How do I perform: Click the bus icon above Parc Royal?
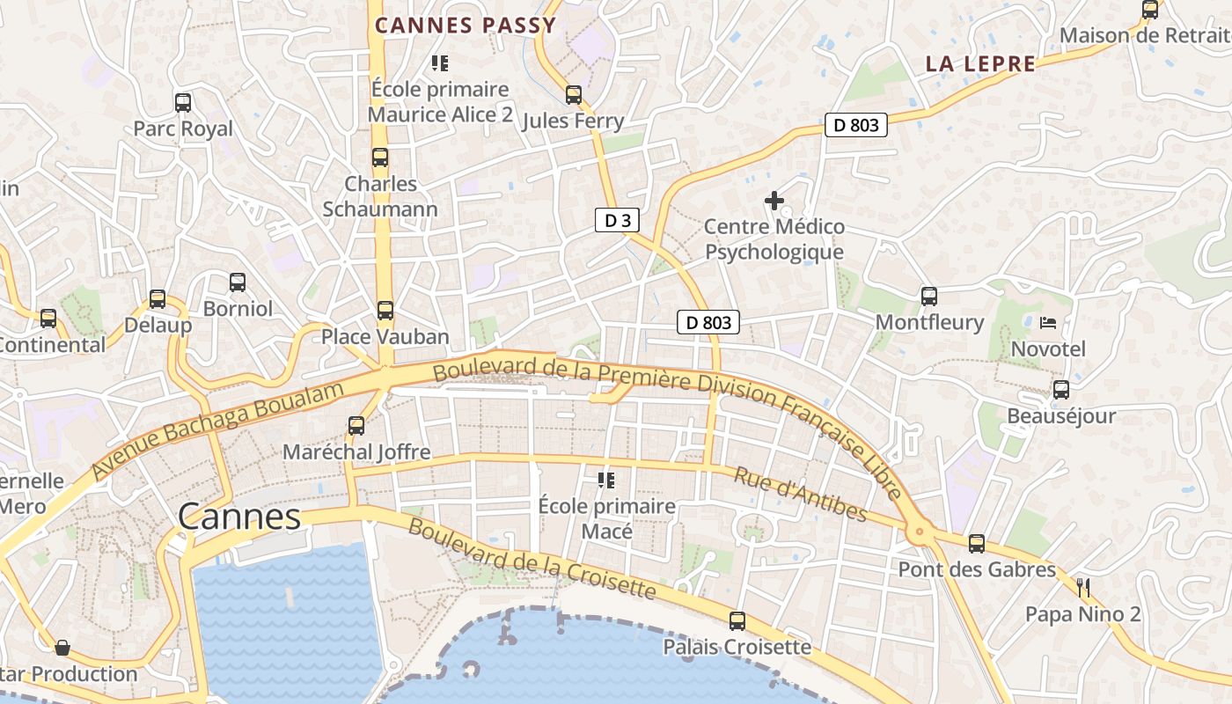point(183,103)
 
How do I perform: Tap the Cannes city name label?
point(239,517)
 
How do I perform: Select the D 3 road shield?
point(617,220)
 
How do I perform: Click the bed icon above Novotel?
point(1047,323)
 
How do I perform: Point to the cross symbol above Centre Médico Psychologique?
point(774,202)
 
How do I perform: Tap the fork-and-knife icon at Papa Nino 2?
point(1083,588)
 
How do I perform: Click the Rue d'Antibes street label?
point(801,495)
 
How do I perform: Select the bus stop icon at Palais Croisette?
point(737,621)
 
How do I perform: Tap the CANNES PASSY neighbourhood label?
point(466,25)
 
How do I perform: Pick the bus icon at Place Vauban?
point(385,311)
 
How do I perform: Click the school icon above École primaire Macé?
point(606,480)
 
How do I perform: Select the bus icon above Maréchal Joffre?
point(356,426)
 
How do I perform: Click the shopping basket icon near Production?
point(62,649)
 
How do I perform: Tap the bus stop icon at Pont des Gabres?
point(977,544)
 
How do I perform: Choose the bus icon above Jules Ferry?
point(574,95)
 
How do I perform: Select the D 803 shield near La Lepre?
point(855,125)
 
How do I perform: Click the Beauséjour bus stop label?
point(1060,415)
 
